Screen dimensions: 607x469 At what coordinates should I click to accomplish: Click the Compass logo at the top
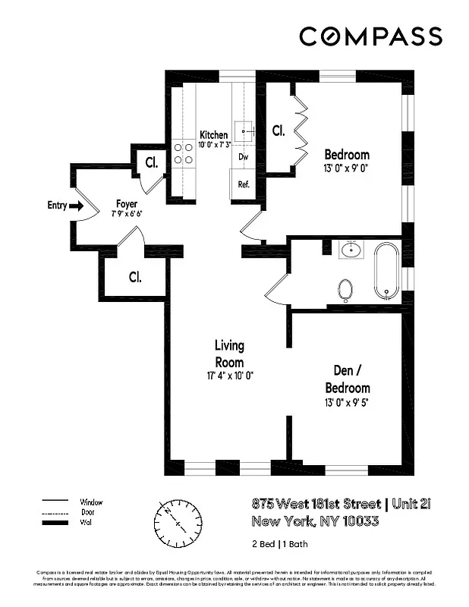click(370, 36)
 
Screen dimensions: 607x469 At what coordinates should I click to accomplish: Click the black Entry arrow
click(75, 205)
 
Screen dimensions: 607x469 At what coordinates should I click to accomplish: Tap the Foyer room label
click(126, 204)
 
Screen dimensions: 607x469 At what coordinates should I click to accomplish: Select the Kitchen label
click(213, 135)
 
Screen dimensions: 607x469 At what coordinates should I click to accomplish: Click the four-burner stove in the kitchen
click(184, 153)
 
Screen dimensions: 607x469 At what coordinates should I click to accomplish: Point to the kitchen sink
click(244, 131)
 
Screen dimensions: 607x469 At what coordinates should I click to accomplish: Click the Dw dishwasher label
click(244, 157)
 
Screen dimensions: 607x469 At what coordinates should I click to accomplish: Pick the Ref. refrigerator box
click(244, 184)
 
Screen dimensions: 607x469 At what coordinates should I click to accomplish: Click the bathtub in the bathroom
click(386, 270)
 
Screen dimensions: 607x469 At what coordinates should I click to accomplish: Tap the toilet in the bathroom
click(345, 289)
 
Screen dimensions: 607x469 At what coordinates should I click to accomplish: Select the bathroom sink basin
click(351, 250)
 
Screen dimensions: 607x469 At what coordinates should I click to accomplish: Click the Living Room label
click(229, 354)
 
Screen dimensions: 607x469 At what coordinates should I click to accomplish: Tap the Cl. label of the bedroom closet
click(279, 131)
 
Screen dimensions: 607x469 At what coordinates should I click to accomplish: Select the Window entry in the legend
click(91, 502)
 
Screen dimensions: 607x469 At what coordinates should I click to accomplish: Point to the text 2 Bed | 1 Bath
click(280, 544)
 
